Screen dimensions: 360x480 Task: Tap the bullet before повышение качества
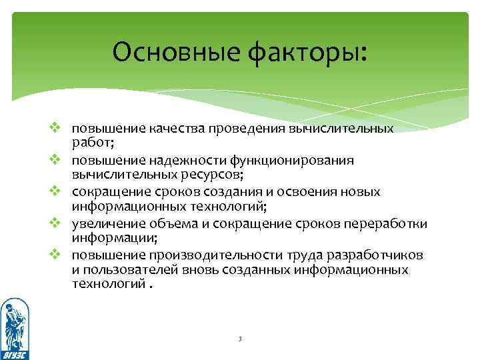[x=56, y=127]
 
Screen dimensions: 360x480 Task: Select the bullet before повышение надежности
[x=56, y=160]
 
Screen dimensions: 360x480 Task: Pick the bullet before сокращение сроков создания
[x=56, y=191]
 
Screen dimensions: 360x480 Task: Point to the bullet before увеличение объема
[x=56, y=223]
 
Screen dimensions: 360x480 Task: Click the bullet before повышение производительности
[x=56, y=255]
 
